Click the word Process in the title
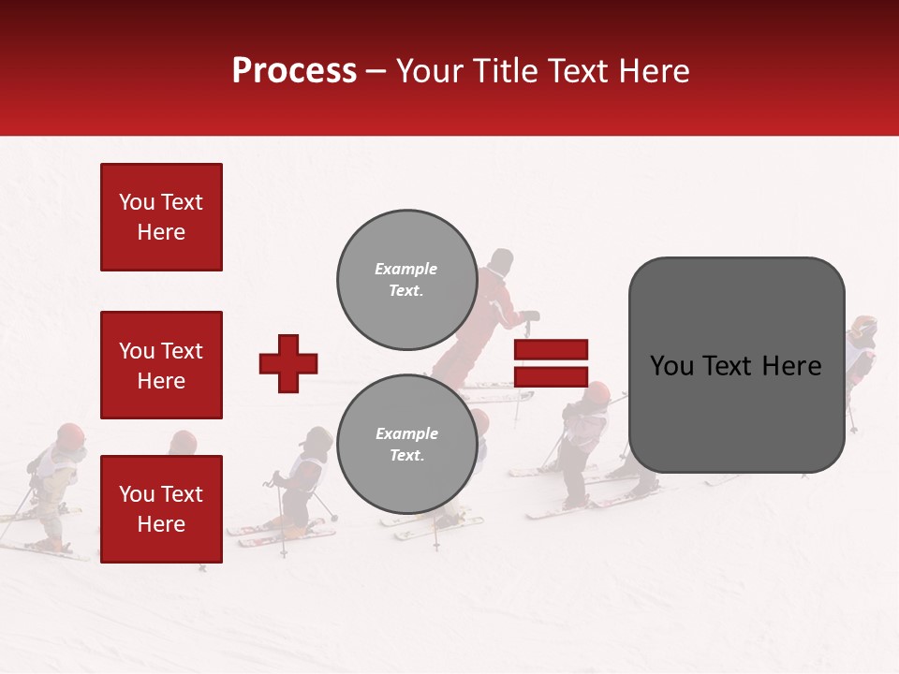294,71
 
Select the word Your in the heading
430,71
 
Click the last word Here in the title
647,71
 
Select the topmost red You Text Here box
161,217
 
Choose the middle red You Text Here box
161,365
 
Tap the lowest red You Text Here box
161,508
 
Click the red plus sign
288,363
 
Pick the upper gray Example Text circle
406,279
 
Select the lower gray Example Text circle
406,444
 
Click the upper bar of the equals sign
551,349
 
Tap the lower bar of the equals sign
551,377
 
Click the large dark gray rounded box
736,365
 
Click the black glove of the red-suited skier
530,316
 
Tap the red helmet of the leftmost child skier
70,435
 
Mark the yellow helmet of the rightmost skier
863,328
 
